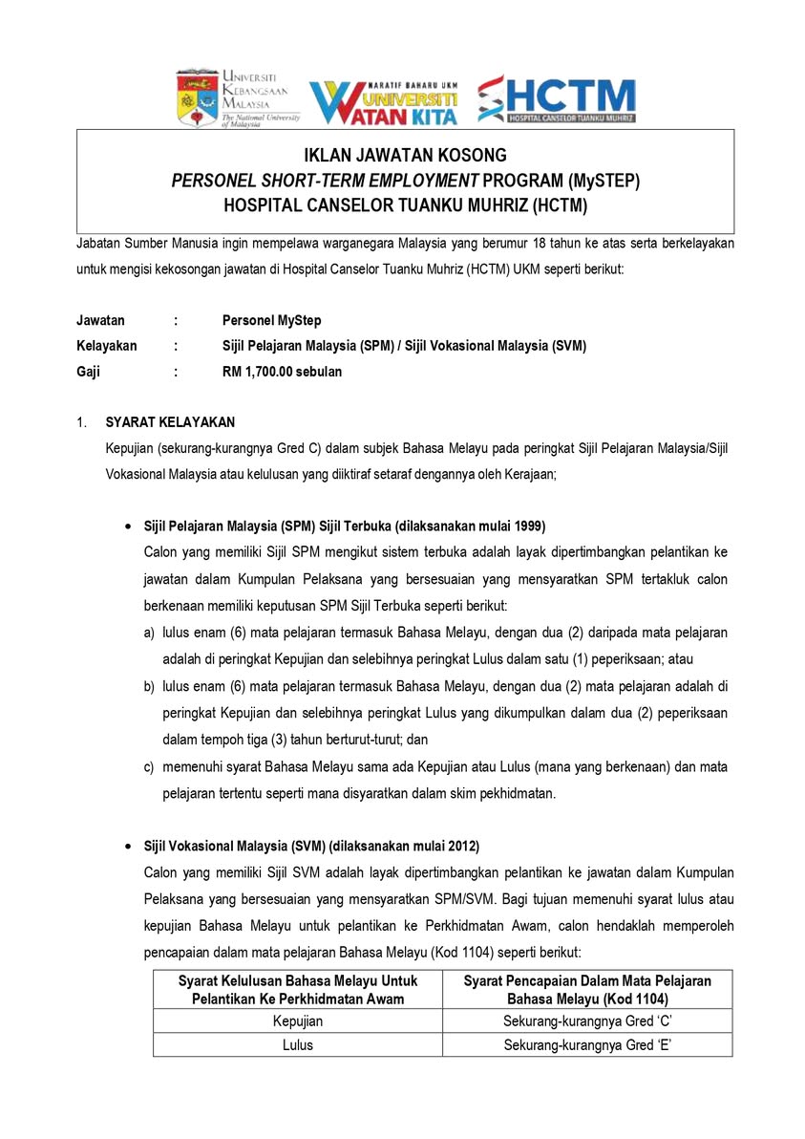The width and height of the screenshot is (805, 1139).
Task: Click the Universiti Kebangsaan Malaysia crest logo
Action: (198, 98)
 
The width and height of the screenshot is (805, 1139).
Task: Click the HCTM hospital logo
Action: (556, 99)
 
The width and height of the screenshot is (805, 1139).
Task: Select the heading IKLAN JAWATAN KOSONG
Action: (405, 156)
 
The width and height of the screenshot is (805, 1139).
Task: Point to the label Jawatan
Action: (100, 321)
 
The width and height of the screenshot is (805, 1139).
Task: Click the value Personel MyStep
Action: (270, 321)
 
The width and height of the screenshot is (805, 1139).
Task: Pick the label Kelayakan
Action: (107, 346)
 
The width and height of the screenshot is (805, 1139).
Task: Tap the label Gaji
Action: (89, 371)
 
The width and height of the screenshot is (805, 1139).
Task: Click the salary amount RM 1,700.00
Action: (258, 371)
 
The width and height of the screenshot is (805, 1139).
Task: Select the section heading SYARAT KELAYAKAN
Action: (170, 421)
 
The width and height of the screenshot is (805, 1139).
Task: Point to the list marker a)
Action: (149, 634)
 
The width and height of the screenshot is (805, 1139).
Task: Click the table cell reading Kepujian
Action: (298, 1021)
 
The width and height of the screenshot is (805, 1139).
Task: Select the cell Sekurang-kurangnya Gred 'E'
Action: (587, 1044)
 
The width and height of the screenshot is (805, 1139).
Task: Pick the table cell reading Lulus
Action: (298, 1044)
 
